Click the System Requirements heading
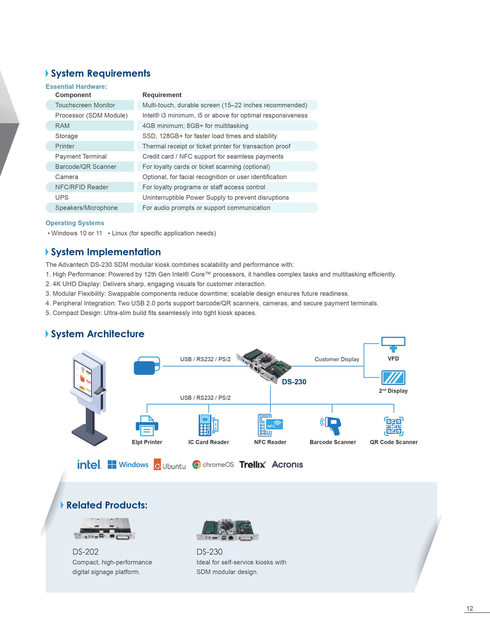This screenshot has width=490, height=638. (x=100, y=73)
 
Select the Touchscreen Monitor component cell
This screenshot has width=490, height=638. (x=85, y=105)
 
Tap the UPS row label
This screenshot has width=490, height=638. (x=62, y=198)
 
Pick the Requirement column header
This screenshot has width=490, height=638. (x=162, y=95)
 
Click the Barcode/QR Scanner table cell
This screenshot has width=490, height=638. (x=86, y=167)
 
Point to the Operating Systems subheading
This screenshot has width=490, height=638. (x=75, y=223)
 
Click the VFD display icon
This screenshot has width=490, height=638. (x=393, y=344)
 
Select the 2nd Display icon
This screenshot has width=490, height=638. (x=393, y=378)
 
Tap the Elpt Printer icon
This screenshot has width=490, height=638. (x=147, y=426)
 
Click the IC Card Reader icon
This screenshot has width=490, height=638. (x=208, y=425)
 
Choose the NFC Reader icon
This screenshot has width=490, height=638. (x=270, y=425)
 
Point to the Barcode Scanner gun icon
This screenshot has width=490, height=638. (x=332, y=426)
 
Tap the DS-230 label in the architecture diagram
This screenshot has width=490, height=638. (x=294, y=382)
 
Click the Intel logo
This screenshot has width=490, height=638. (x=89, y=464)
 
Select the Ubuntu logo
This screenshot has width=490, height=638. (x=170, y=465)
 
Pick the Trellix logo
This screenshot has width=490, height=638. (x=252, y=464)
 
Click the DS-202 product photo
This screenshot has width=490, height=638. (x=105, y=529)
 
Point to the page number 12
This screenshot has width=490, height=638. (x=470, y=609)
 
